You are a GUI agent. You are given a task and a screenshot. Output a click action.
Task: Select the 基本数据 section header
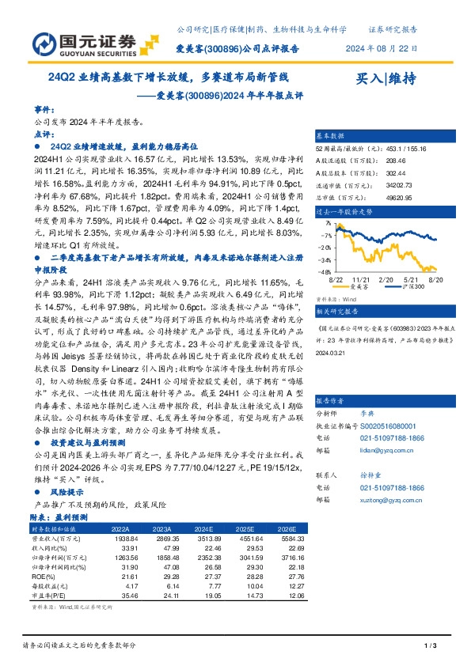pos(331,135)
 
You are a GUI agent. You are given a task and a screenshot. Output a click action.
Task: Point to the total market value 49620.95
pos(397,195)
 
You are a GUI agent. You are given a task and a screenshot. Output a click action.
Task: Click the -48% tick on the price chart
pos(325,271)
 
